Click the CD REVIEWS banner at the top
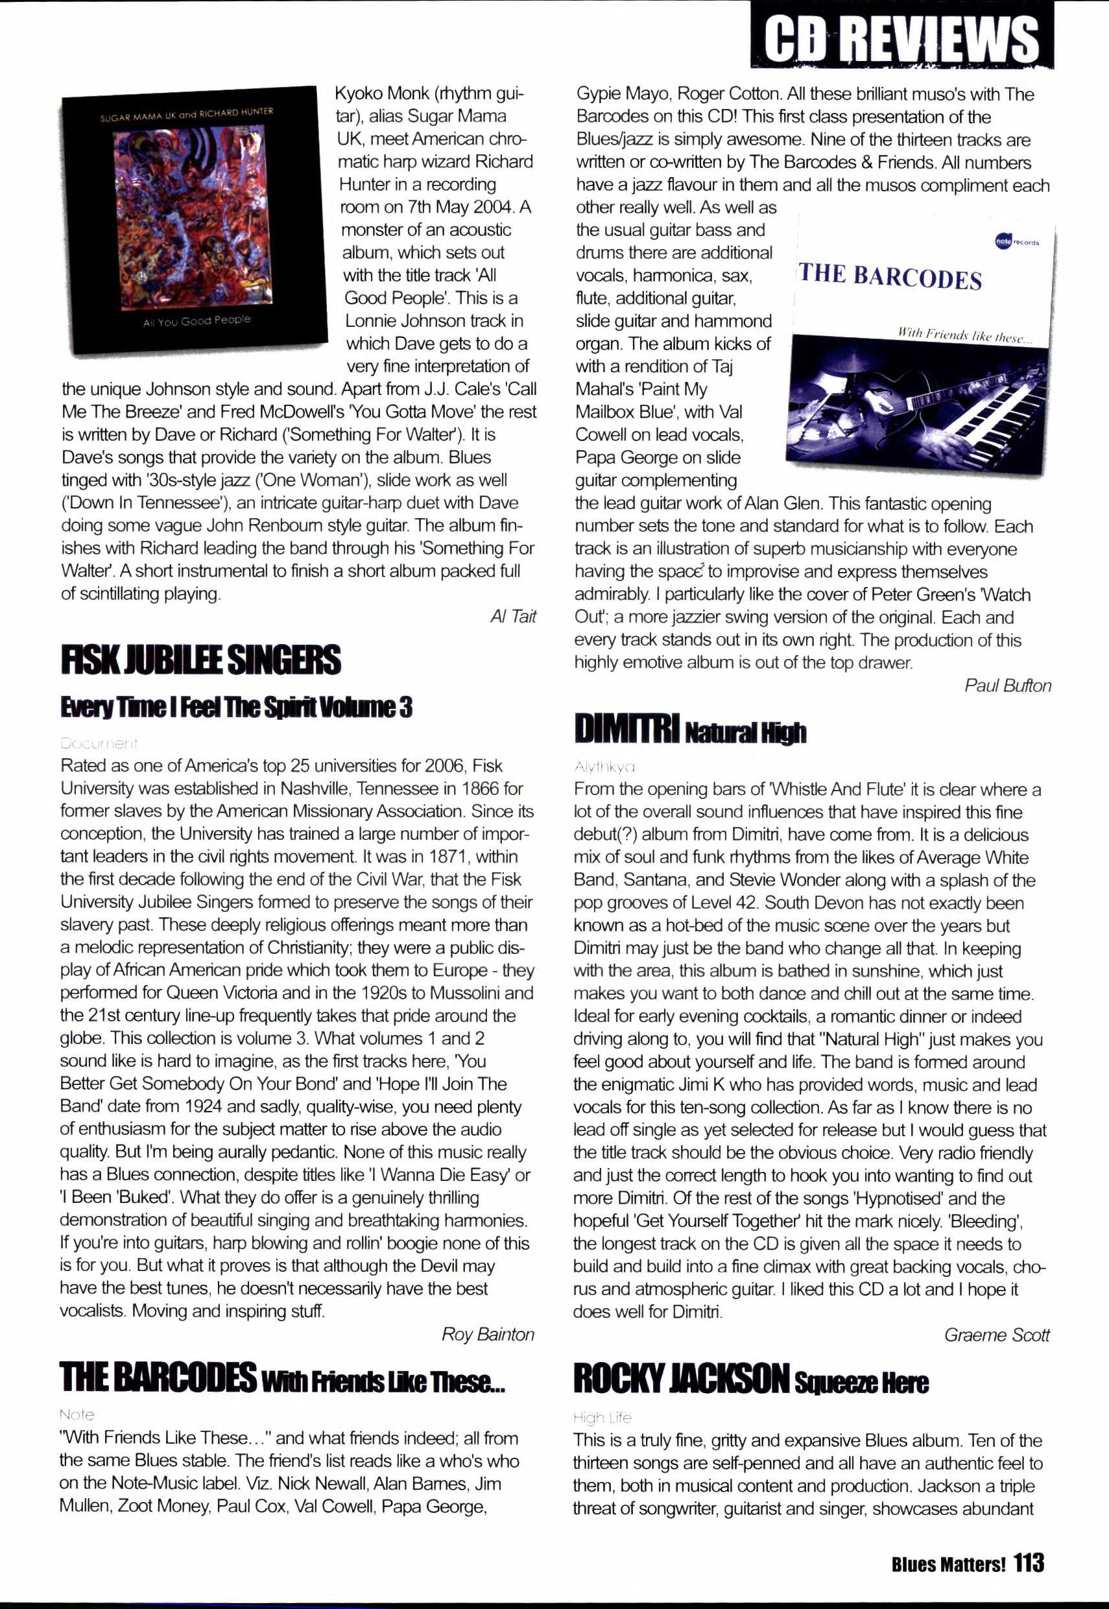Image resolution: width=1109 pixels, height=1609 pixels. tap(901, 38)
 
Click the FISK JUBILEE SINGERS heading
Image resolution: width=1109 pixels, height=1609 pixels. tap(201, 660)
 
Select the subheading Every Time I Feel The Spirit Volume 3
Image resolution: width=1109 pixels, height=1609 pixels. tap(236, 708)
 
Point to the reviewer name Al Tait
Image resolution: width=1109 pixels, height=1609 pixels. tap(513, 617)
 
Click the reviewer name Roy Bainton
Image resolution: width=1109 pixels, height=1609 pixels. tap(488, 1334)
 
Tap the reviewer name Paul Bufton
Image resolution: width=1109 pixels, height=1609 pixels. tap(1008, 685)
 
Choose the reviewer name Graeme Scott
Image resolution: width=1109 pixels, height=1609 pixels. tap(996, 1335)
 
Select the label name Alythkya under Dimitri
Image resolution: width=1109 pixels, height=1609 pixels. tap(604, 767)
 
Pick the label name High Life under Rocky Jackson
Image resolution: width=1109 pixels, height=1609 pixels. tap(602, 1417)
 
